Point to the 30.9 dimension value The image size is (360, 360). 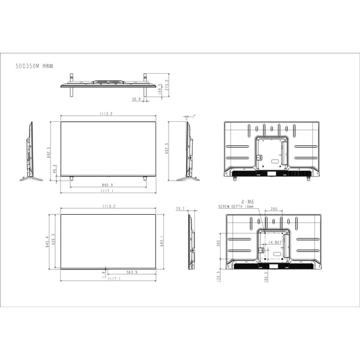(136, 99)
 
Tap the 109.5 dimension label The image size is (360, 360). (159, 90)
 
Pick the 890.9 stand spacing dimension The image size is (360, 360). (108, 185)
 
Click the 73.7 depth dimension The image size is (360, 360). (180, 209)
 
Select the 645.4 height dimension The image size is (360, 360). (47, 241)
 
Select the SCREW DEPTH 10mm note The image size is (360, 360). (236, 207)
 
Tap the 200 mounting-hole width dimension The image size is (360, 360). (274, 209)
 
